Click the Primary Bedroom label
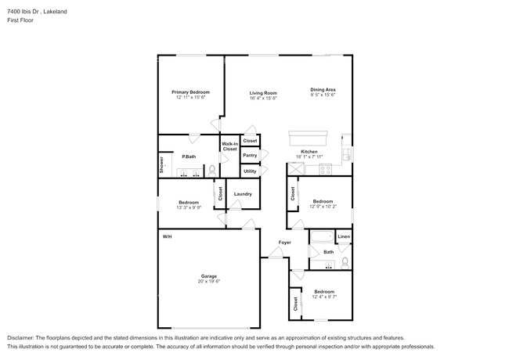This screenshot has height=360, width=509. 190,92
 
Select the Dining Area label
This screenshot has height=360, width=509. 323,89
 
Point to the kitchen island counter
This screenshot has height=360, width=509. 312,135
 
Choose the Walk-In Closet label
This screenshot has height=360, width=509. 229,146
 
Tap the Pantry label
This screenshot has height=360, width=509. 250,155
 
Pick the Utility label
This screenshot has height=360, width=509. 250,171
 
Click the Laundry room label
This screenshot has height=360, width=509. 242,194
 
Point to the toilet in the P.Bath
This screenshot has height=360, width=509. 212,168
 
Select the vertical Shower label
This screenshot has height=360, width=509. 162,164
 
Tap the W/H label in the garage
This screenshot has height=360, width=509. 167,236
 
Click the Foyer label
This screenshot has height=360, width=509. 285,243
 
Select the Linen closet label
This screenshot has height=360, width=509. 343,236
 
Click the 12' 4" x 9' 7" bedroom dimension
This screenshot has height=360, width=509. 323,297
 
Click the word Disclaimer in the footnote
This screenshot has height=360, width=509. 24,337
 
